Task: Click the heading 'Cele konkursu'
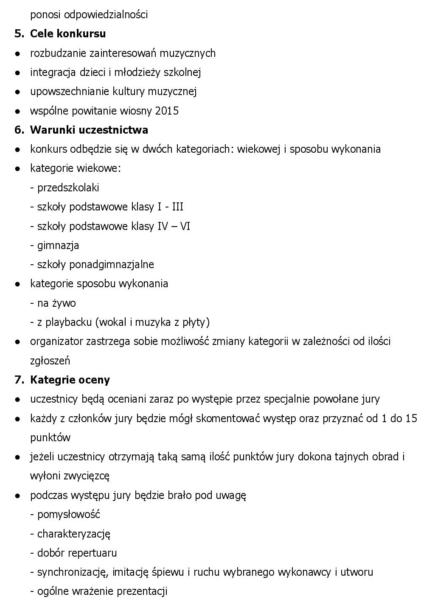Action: (67, 34)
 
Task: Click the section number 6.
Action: (19, 130)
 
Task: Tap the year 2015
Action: (167, 111)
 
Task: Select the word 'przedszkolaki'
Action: (68, 188)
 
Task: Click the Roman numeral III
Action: (177, 207)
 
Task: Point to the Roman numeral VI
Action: (185, 226)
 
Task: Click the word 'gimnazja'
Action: (58, 245)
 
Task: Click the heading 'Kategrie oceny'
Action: (70, 380)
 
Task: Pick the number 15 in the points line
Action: (411, 418)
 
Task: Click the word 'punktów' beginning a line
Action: (50, 437)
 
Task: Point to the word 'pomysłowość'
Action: (69, 514)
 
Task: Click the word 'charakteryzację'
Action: (74, 534)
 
